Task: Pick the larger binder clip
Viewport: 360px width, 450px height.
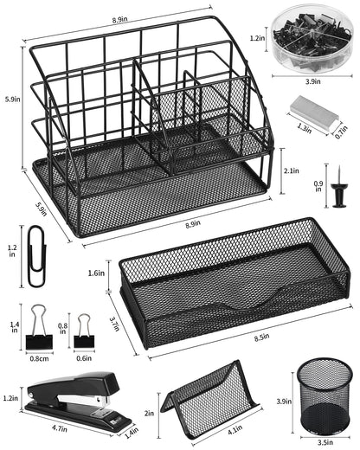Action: click(x=39, y=328)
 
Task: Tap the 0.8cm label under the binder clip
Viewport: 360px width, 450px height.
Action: click(x=39, y=357)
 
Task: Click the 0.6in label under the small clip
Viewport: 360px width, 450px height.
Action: click(x=85, y=357)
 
